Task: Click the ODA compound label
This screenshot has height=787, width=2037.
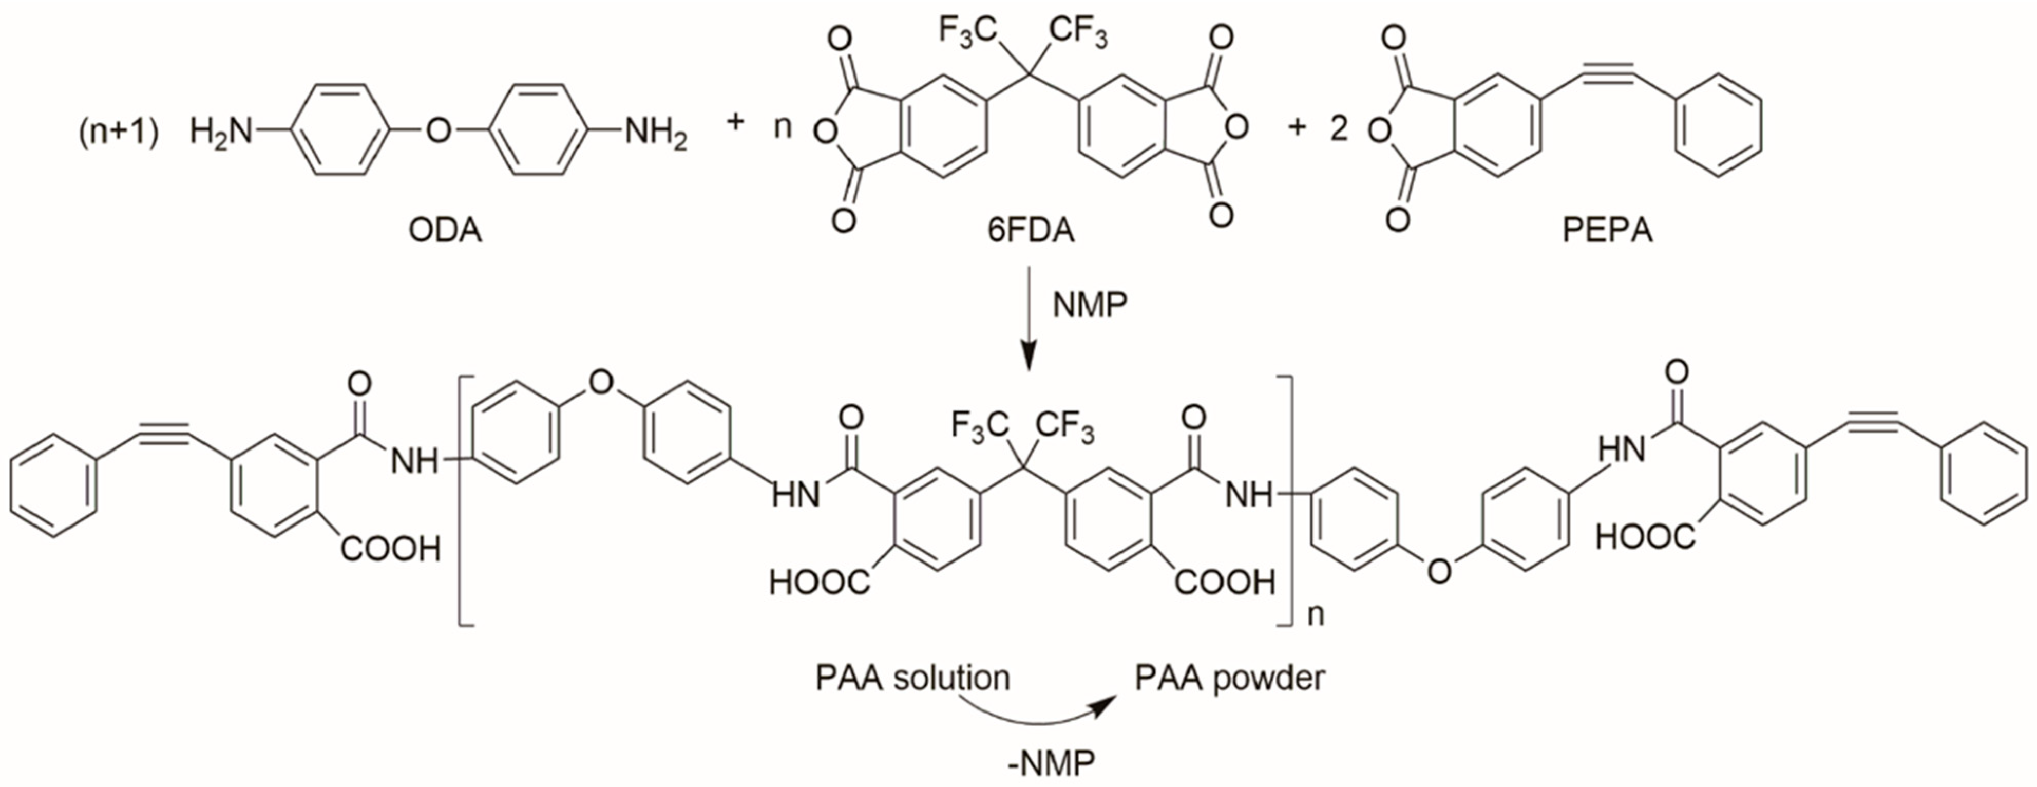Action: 445,231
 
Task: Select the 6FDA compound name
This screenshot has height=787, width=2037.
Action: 1031,231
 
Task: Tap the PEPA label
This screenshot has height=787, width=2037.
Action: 1608,231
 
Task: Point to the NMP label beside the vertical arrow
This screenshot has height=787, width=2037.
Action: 1090,305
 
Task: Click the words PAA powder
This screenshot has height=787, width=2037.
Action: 1230,679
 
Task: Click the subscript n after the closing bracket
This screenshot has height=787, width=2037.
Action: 1315,614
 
